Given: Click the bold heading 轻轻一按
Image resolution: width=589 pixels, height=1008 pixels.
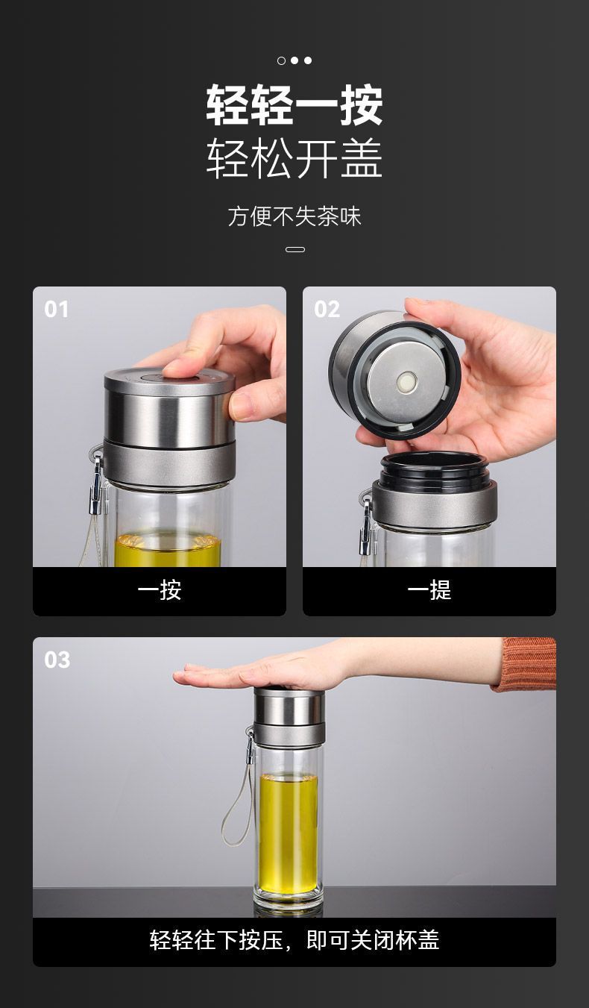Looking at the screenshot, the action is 294,105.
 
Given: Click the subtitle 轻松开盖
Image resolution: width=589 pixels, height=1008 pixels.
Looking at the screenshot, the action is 294,158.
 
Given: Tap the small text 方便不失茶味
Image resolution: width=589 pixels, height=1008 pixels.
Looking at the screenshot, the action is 294,216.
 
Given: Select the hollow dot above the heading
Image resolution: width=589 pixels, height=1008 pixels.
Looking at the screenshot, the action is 282,60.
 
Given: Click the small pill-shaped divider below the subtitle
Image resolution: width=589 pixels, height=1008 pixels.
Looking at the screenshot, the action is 295,249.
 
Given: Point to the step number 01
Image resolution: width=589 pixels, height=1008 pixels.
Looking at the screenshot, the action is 56,310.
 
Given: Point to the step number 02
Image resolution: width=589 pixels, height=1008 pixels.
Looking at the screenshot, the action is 327,310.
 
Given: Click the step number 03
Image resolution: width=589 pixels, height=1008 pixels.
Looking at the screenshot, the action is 57,660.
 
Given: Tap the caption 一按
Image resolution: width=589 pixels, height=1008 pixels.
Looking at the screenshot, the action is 160,589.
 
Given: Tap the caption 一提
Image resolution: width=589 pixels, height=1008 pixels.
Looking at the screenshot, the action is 429,589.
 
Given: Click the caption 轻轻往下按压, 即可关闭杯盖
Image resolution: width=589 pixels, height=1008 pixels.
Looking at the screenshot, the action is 294,940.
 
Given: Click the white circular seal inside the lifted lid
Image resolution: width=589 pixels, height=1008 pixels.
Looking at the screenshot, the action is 406,382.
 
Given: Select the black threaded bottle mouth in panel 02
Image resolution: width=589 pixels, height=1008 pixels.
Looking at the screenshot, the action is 434,471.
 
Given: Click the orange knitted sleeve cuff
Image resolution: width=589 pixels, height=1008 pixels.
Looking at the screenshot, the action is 526,663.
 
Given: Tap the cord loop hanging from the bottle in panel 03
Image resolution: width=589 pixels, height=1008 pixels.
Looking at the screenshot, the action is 237,806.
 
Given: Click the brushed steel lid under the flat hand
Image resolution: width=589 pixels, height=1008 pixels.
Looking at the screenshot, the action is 289,706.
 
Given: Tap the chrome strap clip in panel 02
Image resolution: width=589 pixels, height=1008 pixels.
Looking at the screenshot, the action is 366,527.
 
